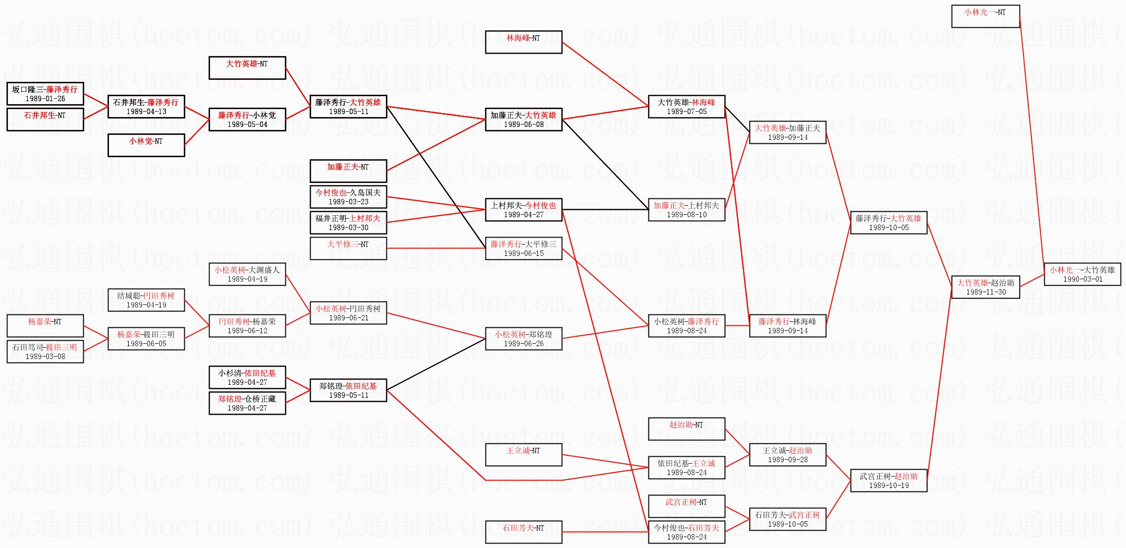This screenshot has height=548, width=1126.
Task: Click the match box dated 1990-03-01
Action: (x=1082, y=274)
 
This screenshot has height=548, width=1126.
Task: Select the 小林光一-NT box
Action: (x=985, y=16)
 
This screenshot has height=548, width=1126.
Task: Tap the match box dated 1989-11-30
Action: (x=985, y=287)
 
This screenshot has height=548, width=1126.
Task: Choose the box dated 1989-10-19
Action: (x=889, y=481)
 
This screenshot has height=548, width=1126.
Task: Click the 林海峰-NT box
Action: (x=524, y=42)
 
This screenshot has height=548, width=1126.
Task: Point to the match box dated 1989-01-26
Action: (x=45, y=94)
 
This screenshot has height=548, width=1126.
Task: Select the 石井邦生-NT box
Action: (x=45, y=120)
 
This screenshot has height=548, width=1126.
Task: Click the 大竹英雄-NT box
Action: (x=247, y=68)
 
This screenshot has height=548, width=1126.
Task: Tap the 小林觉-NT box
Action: (x=146, y=145)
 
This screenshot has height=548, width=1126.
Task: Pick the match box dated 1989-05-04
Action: (x=247, y=120)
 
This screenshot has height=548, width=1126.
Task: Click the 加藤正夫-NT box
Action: (x=348, y=171)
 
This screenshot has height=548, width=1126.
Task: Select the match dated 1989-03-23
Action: (x=348, y=197)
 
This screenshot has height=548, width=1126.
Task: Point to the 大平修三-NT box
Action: (x=348, y=248)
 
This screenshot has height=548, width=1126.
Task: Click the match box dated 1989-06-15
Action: (x=524, y=248)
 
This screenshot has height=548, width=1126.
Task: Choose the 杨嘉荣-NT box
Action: (x=45, y=326)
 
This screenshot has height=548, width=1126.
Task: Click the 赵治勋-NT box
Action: (x=687, y=429)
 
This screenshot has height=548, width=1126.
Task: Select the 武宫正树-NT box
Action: (x=687, y=506)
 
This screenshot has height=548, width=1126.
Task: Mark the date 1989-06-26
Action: (x=524, y=344)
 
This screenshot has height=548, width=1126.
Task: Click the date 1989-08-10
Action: (x=687, y=215)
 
